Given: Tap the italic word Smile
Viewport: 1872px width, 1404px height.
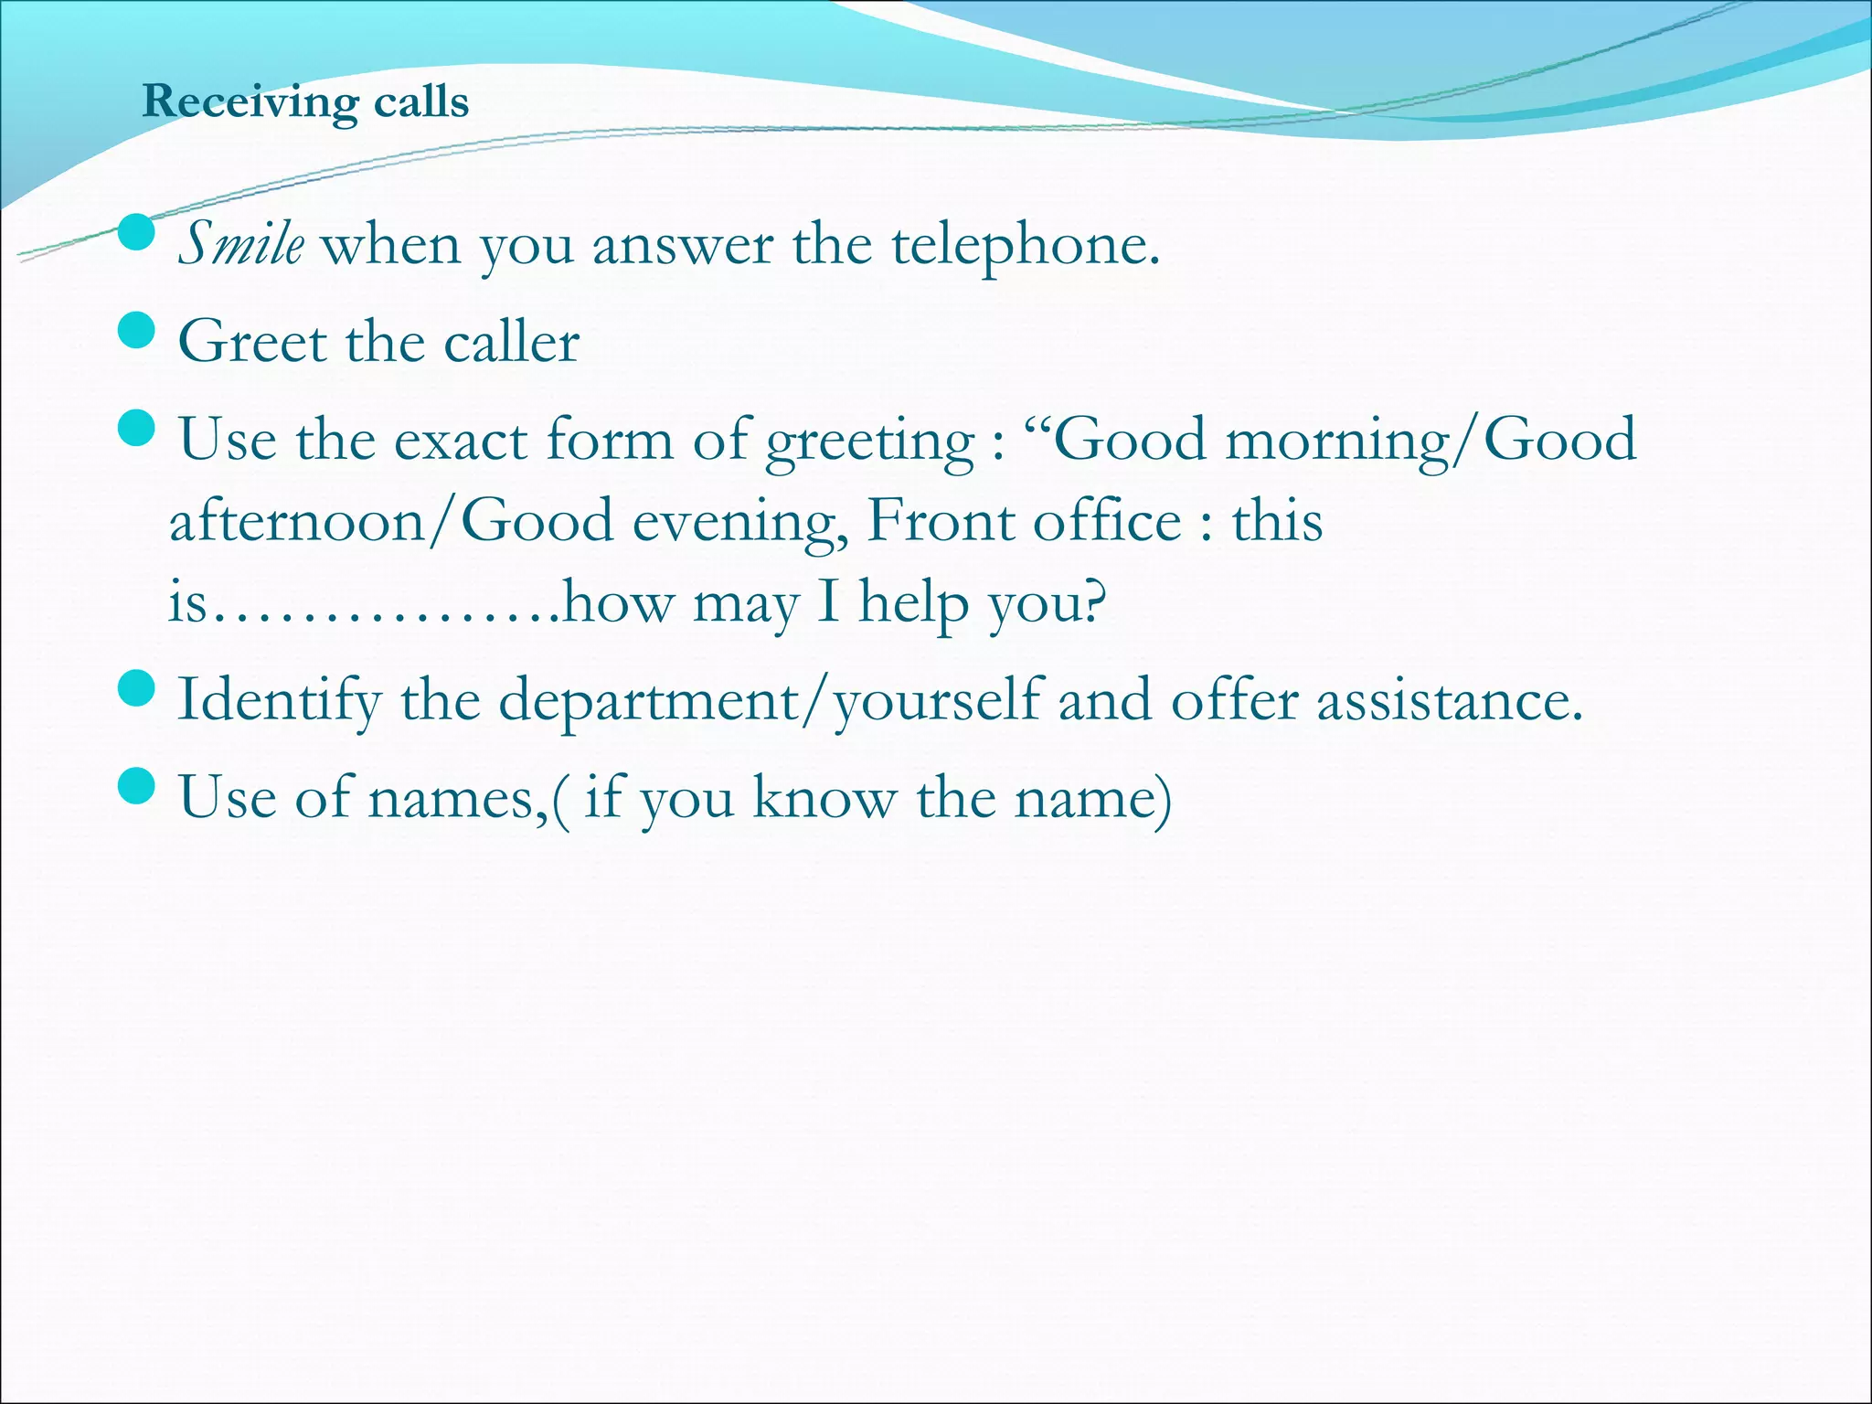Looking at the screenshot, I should pos(240,245).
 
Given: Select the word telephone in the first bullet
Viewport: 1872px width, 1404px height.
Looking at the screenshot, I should pos(1025,245).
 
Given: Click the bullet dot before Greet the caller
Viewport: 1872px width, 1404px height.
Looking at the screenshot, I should pos(137,330).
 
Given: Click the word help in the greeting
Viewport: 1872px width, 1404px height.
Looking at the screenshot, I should pos(913,603).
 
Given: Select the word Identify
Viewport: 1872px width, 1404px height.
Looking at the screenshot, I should pos(279,701).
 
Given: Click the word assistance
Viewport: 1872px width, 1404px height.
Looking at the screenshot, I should pos(1449,701).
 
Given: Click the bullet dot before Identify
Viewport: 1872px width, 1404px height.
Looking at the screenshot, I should pos(137,687).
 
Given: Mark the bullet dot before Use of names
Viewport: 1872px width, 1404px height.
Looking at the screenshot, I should pos(137,785).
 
